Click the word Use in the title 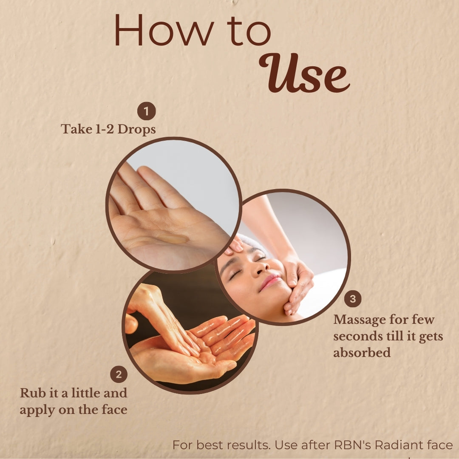[x=304, y=73]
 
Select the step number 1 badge [x=146, y=111]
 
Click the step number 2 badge [x=119, y=374]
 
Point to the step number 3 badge [x=353, y=299]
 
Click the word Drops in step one [x=136, y=129]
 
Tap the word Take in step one [x=76, y=129]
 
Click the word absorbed [x=362, y=352]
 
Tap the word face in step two [x=114, y=409]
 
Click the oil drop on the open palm [x=175, y=240]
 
